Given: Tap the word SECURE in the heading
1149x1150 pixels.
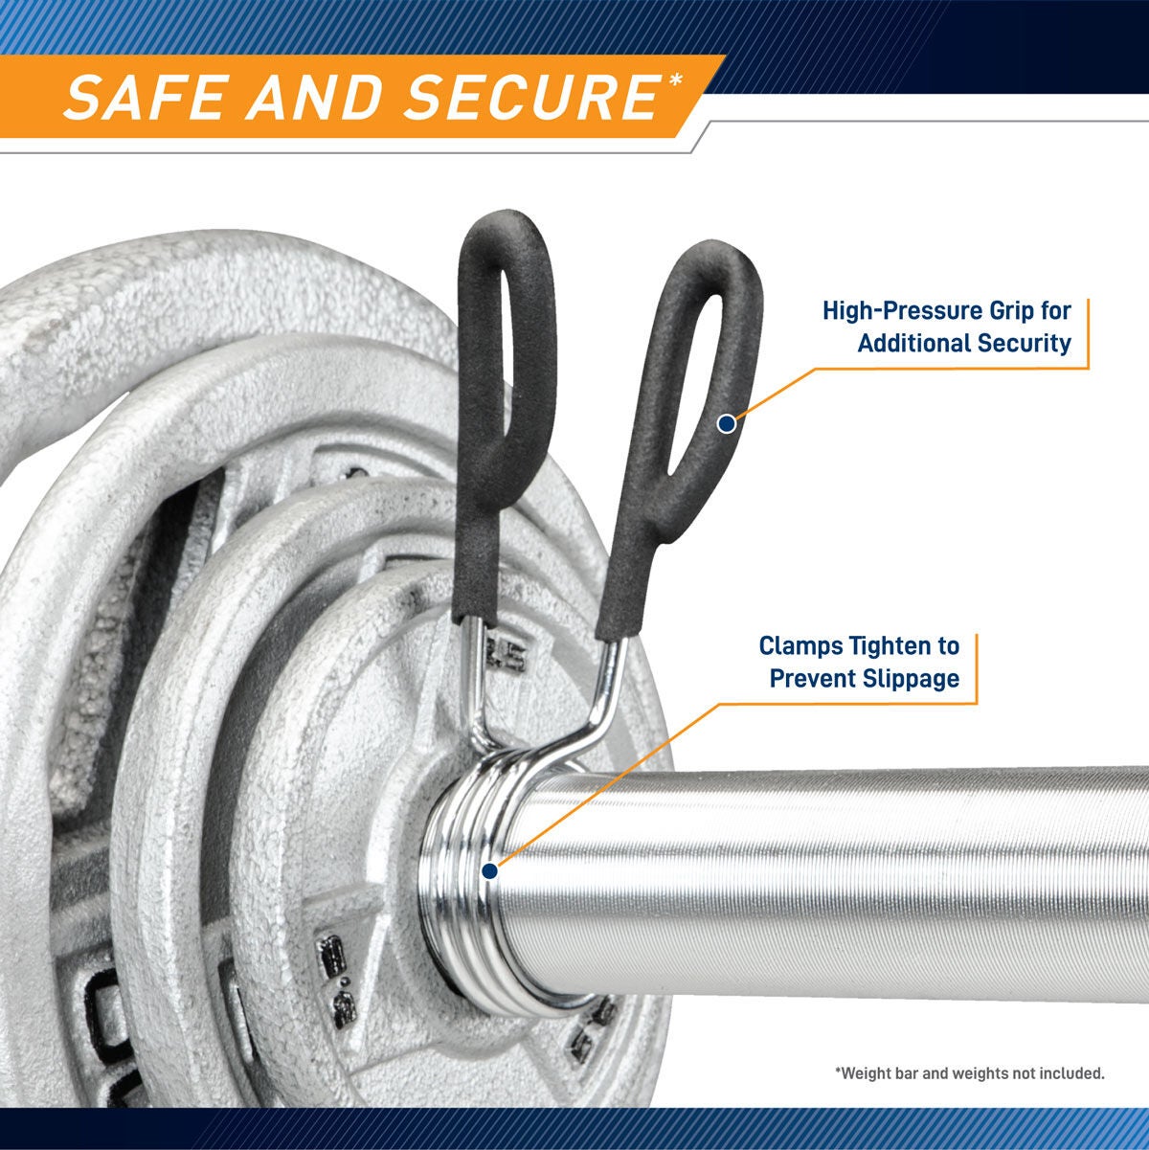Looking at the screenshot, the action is click(532, 97).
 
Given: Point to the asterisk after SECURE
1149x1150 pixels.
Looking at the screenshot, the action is click(674, 80).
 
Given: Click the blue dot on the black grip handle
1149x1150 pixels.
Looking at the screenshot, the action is click(727, 424).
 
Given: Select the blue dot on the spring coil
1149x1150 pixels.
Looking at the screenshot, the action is click(489, 871).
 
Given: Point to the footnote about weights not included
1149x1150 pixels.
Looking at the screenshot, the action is click(969, 1073).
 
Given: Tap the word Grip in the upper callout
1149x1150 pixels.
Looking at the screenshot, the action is click(1019, 311).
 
